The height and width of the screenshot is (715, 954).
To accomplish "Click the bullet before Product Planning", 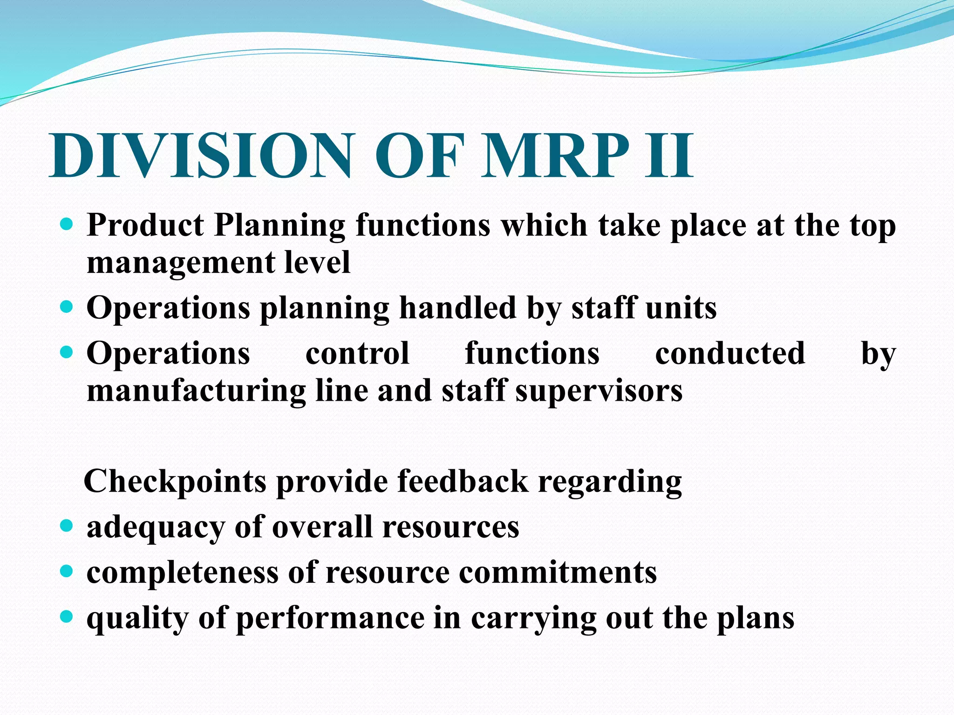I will (67, 225).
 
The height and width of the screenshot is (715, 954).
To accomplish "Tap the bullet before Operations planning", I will (67, 307).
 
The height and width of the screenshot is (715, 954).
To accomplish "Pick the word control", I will (357, 353).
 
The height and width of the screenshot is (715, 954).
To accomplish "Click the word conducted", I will (730, 353).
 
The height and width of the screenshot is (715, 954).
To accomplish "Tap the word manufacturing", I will (196, 391).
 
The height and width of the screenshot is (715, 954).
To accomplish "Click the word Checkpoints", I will (175, 481).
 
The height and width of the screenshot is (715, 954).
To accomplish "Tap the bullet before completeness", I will (67, 571).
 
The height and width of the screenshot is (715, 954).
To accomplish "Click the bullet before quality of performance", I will (67, 617).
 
